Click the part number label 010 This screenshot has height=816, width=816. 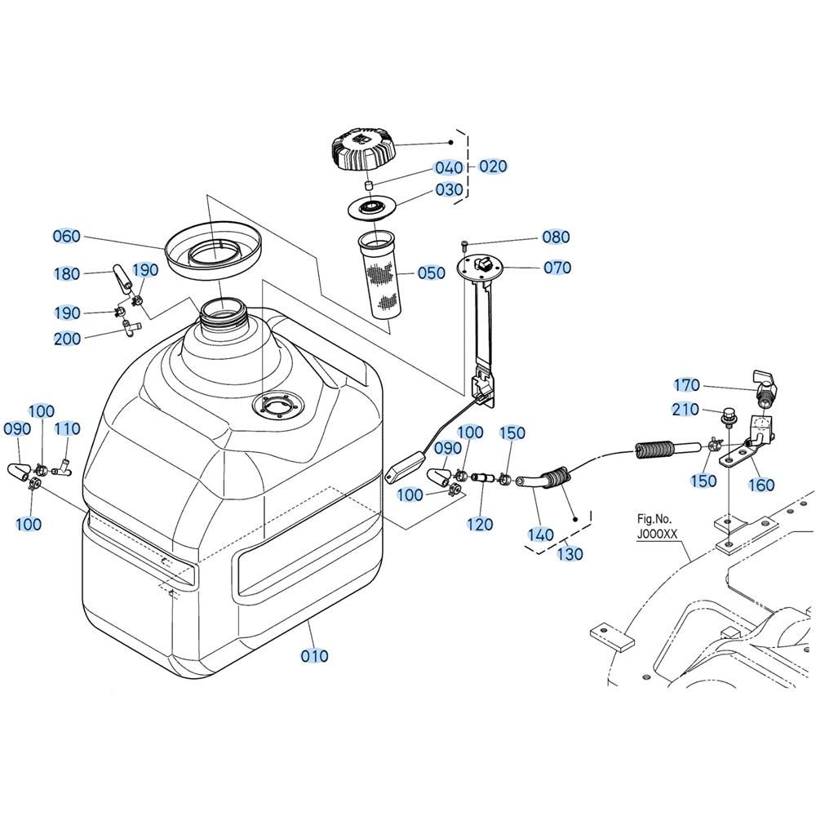[x=314, y=655]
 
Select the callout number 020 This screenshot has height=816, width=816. [x=493, y=166]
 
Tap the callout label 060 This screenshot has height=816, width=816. [x=66, y=237]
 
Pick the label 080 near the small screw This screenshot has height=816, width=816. [x=556, y=237]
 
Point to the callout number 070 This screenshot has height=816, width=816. [x=557, y=268]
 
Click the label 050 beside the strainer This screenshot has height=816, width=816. [x=431, y=273]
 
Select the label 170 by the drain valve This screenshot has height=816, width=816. [x=687, y=385]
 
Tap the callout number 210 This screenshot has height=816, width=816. [x=686, y=409]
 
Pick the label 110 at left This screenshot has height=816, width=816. [x=67, y=429]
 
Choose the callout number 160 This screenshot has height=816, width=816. [x=761, y=486]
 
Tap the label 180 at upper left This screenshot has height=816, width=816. [x=67, y=273]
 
